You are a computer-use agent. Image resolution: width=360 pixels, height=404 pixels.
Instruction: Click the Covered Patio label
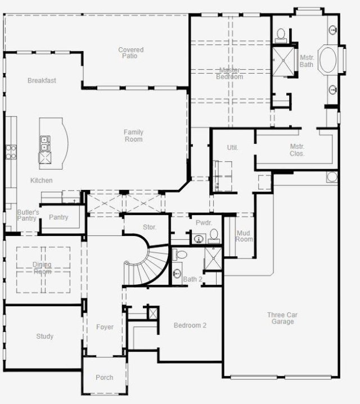point(130,53)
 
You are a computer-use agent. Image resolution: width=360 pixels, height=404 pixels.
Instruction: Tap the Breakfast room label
point(42,80)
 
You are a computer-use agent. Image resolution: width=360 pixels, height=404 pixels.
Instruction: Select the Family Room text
point(133,135)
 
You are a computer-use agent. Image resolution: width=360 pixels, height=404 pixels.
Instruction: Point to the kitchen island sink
point(45,143)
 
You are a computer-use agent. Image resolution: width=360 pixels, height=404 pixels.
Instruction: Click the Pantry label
point(58,217)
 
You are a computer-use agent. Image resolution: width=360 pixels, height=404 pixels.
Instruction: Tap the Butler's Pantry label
point(28,215)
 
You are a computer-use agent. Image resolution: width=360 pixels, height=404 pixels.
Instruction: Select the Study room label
point(44,336)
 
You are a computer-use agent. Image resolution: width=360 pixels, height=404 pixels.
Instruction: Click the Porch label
point(105,378)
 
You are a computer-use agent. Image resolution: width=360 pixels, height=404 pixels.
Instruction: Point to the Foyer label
point(105,327)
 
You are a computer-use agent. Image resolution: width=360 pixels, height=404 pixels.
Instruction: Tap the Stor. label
point(150,227)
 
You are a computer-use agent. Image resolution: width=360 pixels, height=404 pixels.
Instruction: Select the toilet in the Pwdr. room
point(214,236)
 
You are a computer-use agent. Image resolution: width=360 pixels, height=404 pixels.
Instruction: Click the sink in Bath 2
point(177,274)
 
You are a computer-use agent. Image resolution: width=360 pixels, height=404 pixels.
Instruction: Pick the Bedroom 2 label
point(190,325)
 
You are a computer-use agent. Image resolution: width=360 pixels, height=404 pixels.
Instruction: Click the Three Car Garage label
point(282,318)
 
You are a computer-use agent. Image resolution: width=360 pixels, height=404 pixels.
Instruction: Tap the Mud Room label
point(244,236)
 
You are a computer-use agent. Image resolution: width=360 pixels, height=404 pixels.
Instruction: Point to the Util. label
point(232,148)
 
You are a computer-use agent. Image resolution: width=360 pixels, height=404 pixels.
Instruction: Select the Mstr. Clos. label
point(297,150)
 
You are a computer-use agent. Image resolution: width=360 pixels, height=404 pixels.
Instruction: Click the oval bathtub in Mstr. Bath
point(328,60)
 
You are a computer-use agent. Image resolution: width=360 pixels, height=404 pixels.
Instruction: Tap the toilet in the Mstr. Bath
point(281,35)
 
